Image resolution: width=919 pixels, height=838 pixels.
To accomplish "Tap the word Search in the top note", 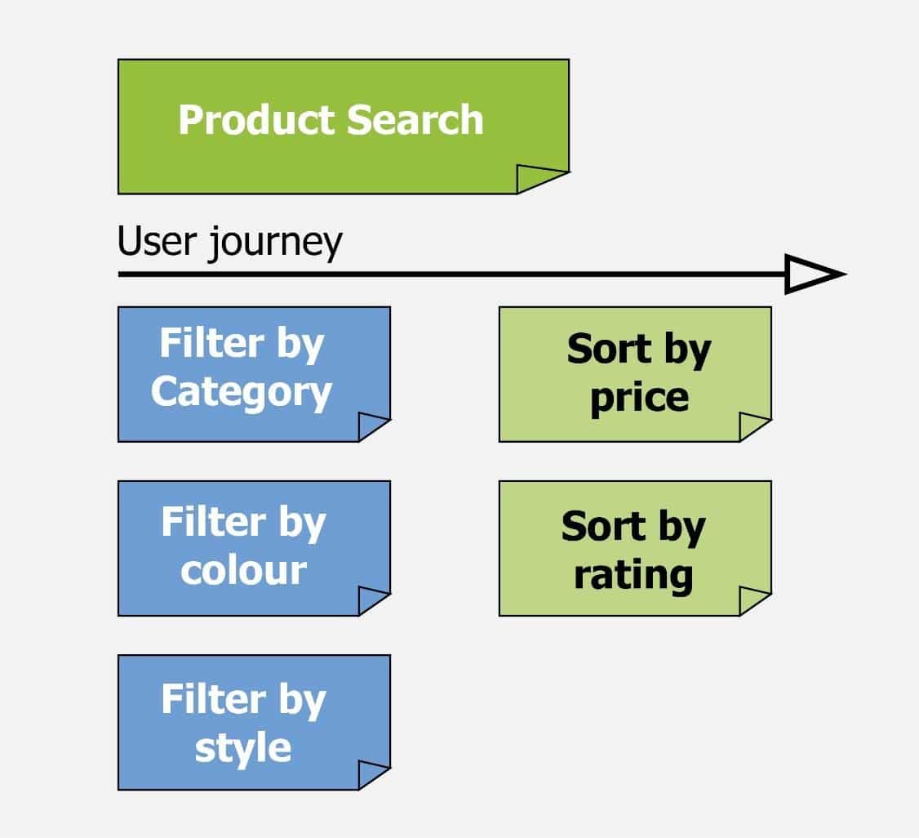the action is coord(415,119).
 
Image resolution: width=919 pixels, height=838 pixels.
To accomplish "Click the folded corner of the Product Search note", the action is coord(537,178).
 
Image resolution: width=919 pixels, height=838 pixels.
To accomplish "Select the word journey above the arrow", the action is coord(275,243).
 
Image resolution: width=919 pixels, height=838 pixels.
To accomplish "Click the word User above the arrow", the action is coord(157,240).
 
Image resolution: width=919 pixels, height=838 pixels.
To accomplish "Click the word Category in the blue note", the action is coord(242,393).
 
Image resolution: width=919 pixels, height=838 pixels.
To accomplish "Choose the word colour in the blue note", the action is coord(243,571).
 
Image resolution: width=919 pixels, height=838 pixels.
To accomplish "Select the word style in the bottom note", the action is coord(242,749).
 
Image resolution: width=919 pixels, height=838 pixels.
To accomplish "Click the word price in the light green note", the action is coord(639,399).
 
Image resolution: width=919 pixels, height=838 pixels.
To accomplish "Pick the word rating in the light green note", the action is coord(633,575).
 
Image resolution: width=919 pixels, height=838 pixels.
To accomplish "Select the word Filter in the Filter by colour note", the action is coord(213,521).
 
